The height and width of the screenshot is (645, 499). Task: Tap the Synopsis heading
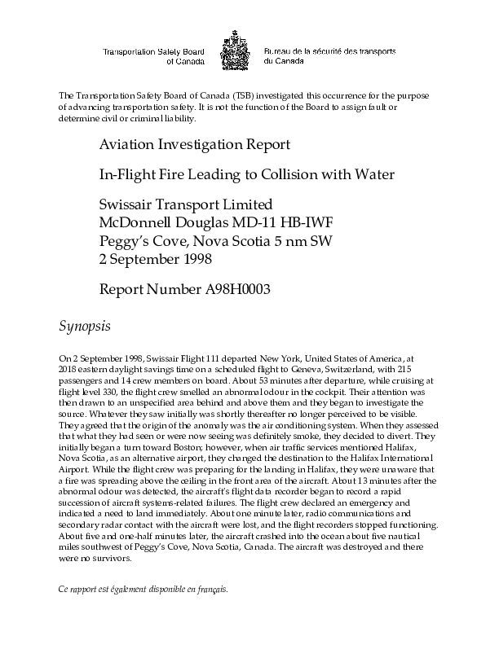click(x=90, y=326)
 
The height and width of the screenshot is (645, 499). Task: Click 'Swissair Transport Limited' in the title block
click(x=185, y=203)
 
